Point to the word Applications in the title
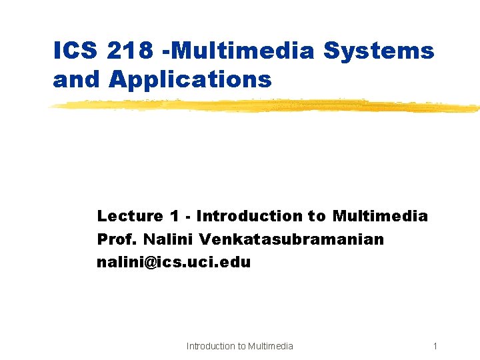191,80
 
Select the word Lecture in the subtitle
130,216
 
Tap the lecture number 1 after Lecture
174,216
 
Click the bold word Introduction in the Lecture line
249,216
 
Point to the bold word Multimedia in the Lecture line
380,216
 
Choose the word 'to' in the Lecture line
317,216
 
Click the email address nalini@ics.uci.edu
174,262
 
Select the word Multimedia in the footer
270,346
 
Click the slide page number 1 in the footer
435,346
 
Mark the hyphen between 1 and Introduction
188,217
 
